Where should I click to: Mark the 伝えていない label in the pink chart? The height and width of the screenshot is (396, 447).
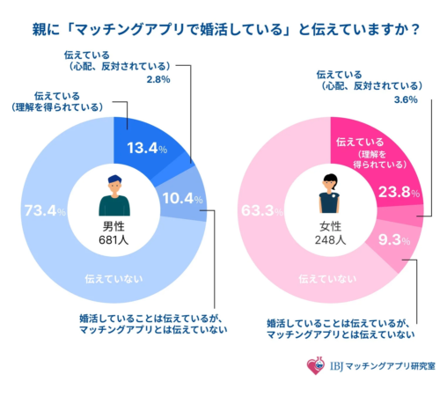[x=327, y=279]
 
